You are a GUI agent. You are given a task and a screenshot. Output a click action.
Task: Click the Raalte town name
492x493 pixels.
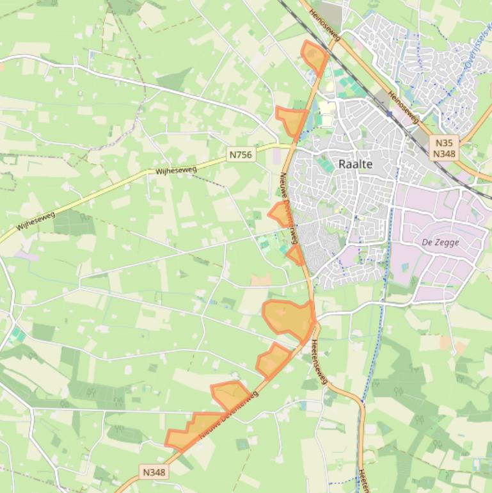[x=355, y=164]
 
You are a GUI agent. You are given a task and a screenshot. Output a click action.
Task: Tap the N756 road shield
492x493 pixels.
[x=241, y=154]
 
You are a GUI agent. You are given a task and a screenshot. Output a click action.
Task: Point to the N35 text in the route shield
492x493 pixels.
[x=444, y=143]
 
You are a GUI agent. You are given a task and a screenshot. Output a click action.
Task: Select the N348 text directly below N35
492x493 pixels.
[x=444, y=154]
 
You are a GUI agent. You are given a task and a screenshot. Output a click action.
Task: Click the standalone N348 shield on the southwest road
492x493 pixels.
[x=154, y=473]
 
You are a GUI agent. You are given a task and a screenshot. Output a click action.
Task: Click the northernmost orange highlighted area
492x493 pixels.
[x=314, y=56]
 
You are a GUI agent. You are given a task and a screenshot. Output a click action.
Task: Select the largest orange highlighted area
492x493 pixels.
[x=289, y=318]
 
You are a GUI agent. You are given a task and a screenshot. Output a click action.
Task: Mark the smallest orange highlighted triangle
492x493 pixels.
[x=296, y=255]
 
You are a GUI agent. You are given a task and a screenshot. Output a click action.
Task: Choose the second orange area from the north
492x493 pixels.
[x=291, y=119]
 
